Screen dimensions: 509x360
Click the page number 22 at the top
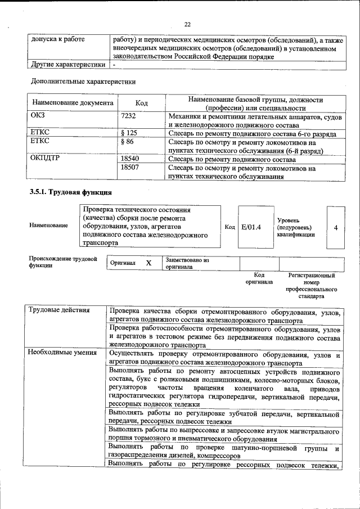[x=187, y=24]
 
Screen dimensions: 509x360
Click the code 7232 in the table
[x=130, y=116]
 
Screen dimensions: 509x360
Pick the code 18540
[x=130, y=159]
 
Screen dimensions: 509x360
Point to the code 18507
[x=130, y=168]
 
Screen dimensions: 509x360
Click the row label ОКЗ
[x=38, y=116]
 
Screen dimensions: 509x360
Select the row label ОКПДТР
[x=45, y=159]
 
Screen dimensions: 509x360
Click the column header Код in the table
[x=142, y=103]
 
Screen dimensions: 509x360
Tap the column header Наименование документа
[x=73, y=103]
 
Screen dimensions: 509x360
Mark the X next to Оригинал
[x=148, y=263]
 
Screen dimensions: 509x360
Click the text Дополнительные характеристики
[x=83, y=82]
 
